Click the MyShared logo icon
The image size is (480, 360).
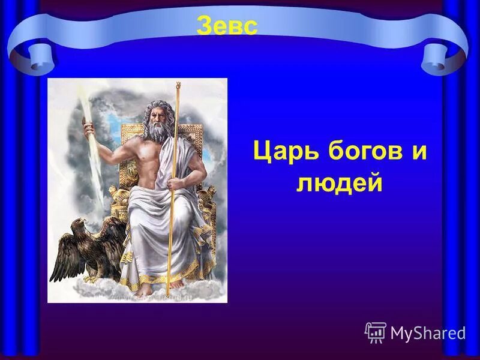(375, 332)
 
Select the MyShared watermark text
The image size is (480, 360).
(428, 333)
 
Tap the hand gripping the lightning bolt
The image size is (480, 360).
(90, 128)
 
